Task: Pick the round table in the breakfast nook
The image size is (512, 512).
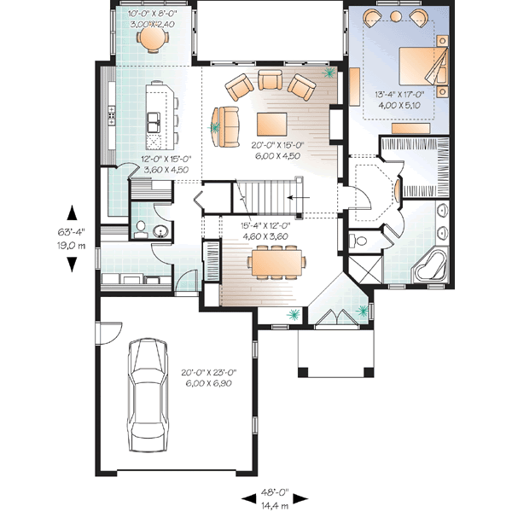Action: pyautogui.click(x=151, y=38)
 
